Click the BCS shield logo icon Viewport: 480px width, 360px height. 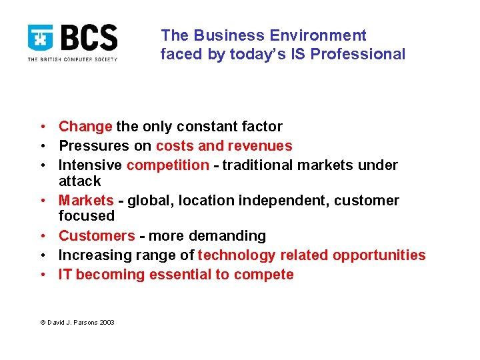pyautogui.click(x=41, y=39)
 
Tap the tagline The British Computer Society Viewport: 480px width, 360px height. pyautogui.click(x=72, y=59)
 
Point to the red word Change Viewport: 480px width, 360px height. pyautogui.click(x=85, y=127)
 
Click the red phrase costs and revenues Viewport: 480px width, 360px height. pyautogui.click(x=224, y=146)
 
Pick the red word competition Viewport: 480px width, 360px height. pyautogui.click(x=167, y=165)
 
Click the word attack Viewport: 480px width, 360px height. pyautogui.click(x=80, y=181)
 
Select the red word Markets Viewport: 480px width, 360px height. pyautogui.click(x=86, y=201)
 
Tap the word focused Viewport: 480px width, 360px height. pyautogui.click(x=87, y=216)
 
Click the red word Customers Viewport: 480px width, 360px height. pyautogui.click(x=97, y=236)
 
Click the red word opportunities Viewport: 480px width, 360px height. pyautogui.click(x=379, y=255)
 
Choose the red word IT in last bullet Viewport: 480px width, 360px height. pyautogui.click(x=65, y=275)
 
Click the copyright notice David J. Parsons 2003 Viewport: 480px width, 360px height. pyautogui.click(x=77, y=322)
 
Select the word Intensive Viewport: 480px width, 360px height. pyautogui.click(x=90, y=165)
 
